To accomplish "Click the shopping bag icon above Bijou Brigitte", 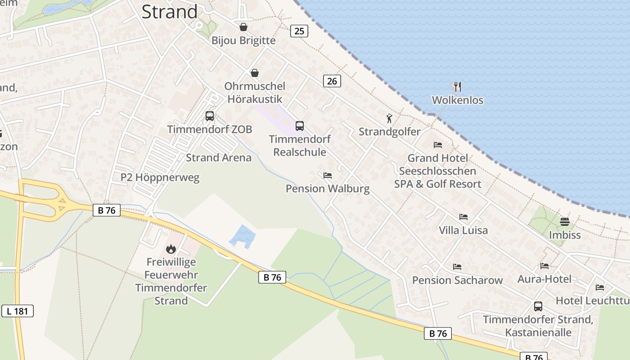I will (243, 27).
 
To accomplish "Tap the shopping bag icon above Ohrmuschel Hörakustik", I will (255, 73).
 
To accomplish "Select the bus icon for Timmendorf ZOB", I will (210, 116).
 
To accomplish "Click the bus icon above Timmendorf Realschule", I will (300, 126).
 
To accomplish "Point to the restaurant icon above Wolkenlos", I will (458, 87).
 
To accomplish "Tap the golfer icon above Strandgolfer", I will (390, 119).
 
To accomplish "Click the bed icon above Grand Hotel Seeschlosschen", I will (438, 145).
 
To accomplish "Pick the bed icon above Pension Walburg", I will (328, 175).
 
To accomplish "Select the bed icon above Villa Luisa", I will (463, 217).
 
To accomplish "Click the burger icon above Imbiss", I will (565, 221).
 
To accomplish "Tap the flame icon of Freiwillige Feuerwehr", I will (171, 249).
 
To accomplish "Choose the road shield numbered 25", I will (299, 31).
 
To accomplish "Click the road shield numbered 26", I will (332, 81).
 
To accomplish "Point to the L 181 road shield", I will (18, 310).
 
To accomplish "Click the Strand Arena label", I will (219, 157).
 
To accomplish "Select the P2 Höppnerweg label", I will (160, 177).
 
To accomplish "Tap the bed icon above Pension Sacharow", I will (457, 267).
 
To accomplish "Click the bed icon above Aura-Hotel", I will (544, 266).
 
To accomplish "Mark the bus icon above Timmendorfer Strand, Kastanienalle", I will (538, 306).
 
